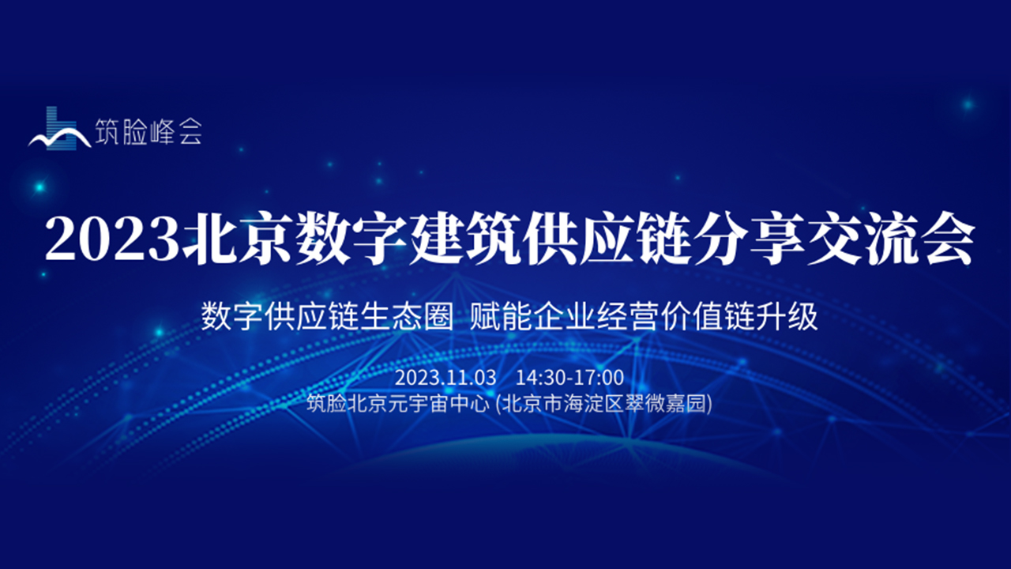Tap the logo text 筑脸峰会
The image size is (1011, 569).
[148, 131]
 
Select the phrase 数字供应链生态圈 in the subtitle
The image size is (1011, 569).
[327, 317]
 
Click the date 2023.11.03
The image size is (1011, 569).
[445, 378]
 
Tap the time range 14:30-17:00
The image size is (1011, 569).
[569, 378]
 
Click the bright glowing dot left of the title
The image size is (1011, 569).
[39, 187]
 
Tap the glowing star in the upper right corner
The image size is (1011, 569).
[968, 104]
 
